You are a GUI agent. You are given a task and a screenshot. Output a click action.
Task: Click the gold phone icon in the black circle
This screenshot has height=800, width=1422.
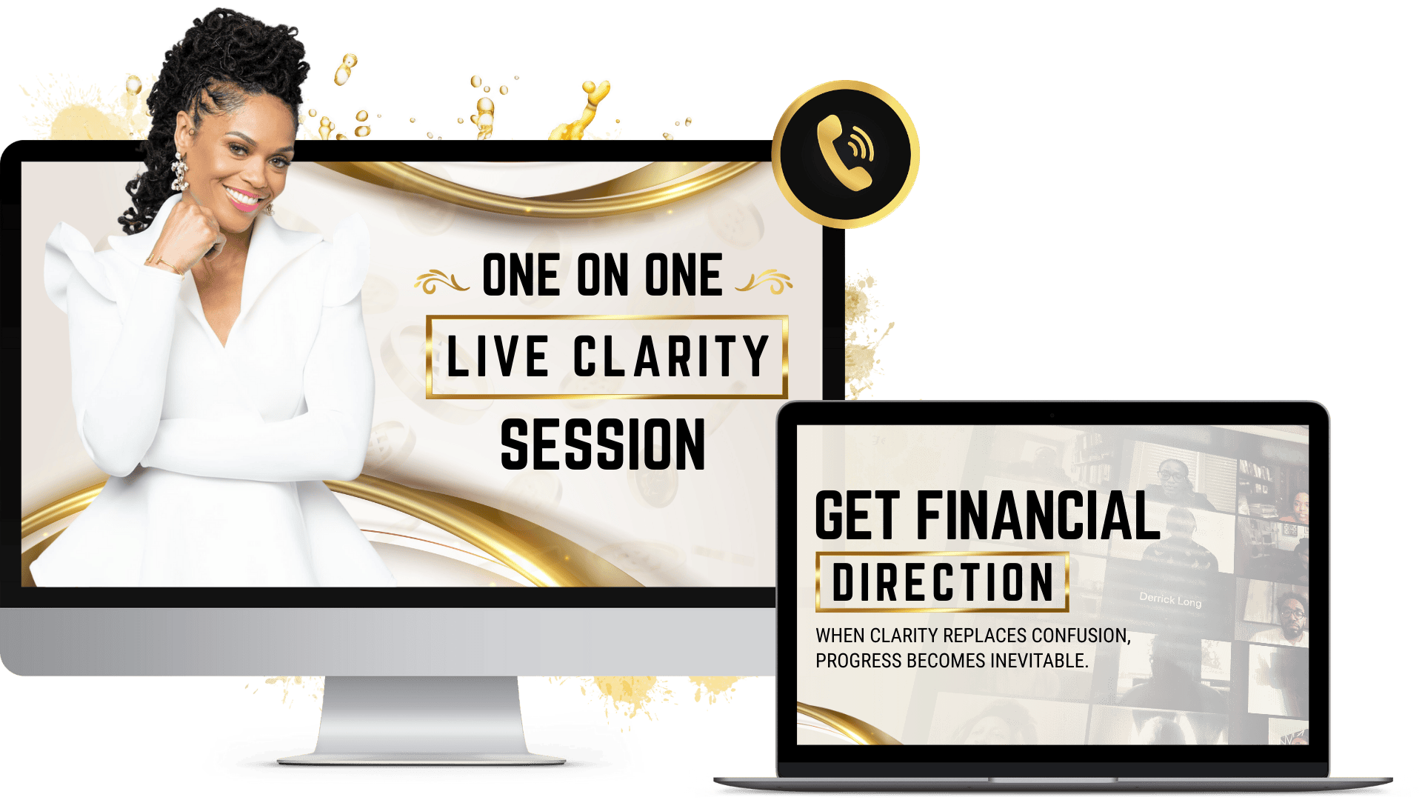846,153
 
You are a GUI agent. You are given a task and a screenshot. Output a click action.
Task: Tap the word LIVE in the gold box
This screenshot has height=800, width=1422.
498,356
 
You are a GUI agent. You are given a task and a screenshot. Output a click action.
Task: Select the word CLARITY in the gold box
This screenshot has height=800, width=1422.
671,356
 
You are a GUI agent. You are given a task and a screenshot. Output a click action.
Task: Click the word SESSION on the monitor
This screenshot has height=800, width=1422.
603,444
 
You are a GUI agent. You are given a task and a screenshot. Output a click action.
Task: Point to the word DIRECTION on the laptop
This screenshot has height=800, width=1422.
942,582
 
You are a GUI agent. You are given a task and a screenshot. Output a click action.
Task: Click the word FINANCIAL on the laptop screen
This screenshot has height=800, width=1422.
1038,516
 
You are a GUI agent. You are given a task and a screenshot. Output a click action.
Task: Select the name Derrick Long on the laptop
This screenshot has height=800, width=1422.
1170,599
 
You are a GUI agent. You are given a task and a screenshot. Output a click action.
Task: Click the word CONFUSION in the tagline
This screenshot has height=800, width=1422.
1081,636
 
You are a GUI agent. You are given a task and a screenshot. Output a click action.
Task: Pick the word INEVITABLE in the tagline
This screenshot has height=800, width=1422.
1039,661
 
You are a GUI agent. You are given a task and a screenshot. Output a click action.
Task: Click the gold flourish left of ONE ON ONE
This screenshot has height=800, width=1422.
441,281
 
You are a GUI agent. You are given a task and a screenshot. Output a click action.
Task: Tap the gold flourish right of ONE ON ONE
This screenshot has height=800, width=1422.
764,281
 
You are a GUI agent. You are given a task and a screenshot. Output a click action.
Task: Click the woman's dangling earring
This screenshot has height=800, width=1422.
179,173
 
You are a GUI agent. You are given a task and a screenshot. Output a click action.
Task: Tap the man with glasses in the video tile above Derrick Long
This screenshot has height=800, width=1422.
1177,481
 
